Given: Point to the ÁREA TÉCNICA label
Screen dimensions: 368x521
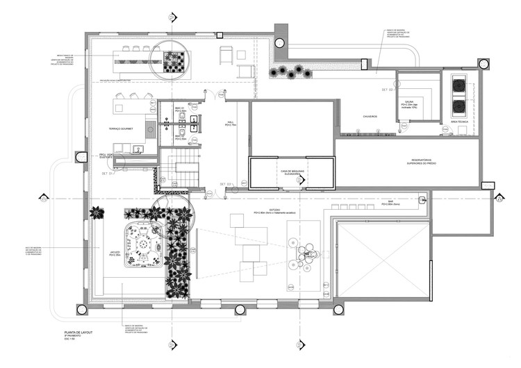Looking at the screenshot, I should click(x=459, y=122).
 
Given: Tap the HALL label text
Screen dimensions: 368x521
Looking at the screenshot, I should click(x=229, y=123).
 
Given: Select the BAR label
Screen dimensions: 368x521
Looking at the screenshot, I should click(x=381, y=203).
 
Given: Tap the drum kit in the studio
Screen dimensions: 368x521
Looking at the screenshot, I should click(x=306, y=255).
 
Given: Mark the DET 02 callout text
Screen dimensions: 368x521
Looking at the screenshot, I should click(x=388, y=90).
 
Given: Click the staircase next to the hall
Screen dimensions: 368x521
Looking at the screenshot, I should click(x=179, y=171).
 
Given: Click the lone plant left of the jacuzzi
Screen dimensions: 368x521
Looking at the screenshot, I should click(x=97, y=212).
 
